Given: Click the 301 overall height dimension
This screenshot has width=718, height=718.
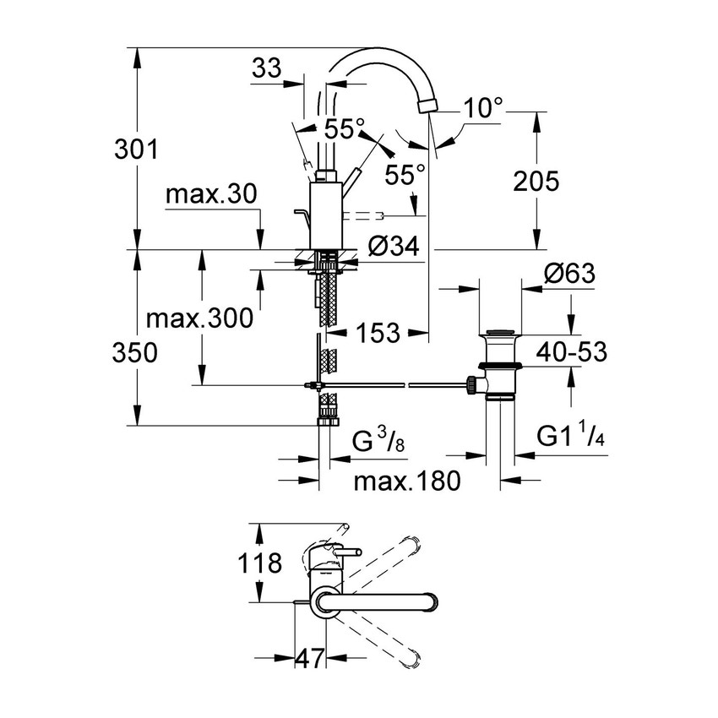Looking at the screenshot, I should (136, 150).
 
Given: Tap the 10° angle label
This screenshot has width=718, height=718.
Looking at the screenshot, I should (483, 107).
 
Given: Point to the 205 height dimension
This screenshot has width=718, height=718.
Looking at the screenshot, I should (535, 181).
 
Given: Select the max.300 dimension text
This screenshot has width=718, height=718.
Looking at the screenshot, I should (199, 318).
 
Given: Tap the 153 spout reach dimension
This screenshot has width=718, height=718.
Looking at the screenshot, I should (376, 333).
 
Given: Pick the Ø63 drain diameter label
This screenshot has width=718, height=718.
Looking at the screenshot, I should (568, 275).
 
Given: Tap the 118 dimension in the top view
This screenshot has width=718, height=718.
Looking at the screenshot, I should (260, 563).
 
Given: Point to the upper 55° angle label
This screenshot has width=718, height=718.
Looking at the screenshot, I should (345, 128).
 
